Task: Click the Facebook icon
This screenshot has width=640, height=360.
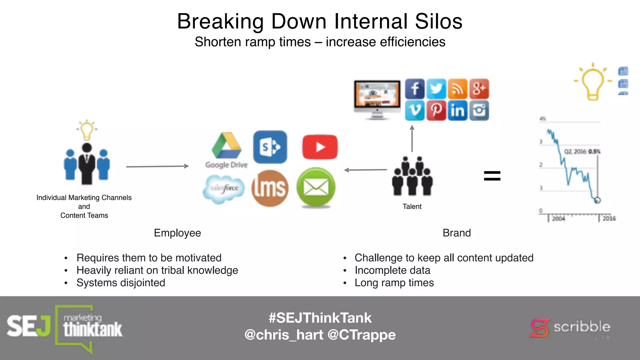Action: [415, 89]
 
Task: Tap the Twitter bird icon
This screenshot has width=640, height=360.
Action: [436, 89]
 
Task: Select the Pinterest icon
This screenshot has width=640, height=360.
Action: [436, 110]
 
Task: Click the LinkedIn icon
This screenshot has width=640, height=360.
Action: [457, 110]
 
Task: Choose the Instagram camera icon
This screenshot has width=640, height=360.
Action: [479, 110]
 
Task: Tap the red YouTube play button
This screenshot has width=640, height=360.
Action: [320, 147]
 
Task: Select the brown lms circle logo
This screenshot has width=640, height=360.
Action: [270, 188]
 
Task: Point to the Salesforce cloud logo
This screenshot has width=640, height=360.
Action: [224, 189]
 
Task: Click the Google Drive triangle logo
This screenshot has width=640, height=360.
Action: [227, 146]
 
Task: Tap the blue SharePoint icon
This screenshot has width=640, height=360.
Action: [270, 147]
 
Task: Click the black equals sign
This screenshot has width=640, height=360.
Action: [492, 176]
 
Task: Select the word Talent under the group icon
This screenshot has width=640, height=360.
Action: [412, 207]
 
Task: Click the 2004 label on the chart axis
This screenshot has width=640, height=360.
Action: [558, 219]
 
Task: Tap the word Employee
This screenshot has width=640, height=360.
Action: [177, 233]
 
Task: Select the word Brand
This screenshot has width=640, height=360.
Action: [457, 233]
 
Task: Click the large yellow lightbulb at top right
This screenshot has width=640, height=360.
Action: [592, 82]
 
